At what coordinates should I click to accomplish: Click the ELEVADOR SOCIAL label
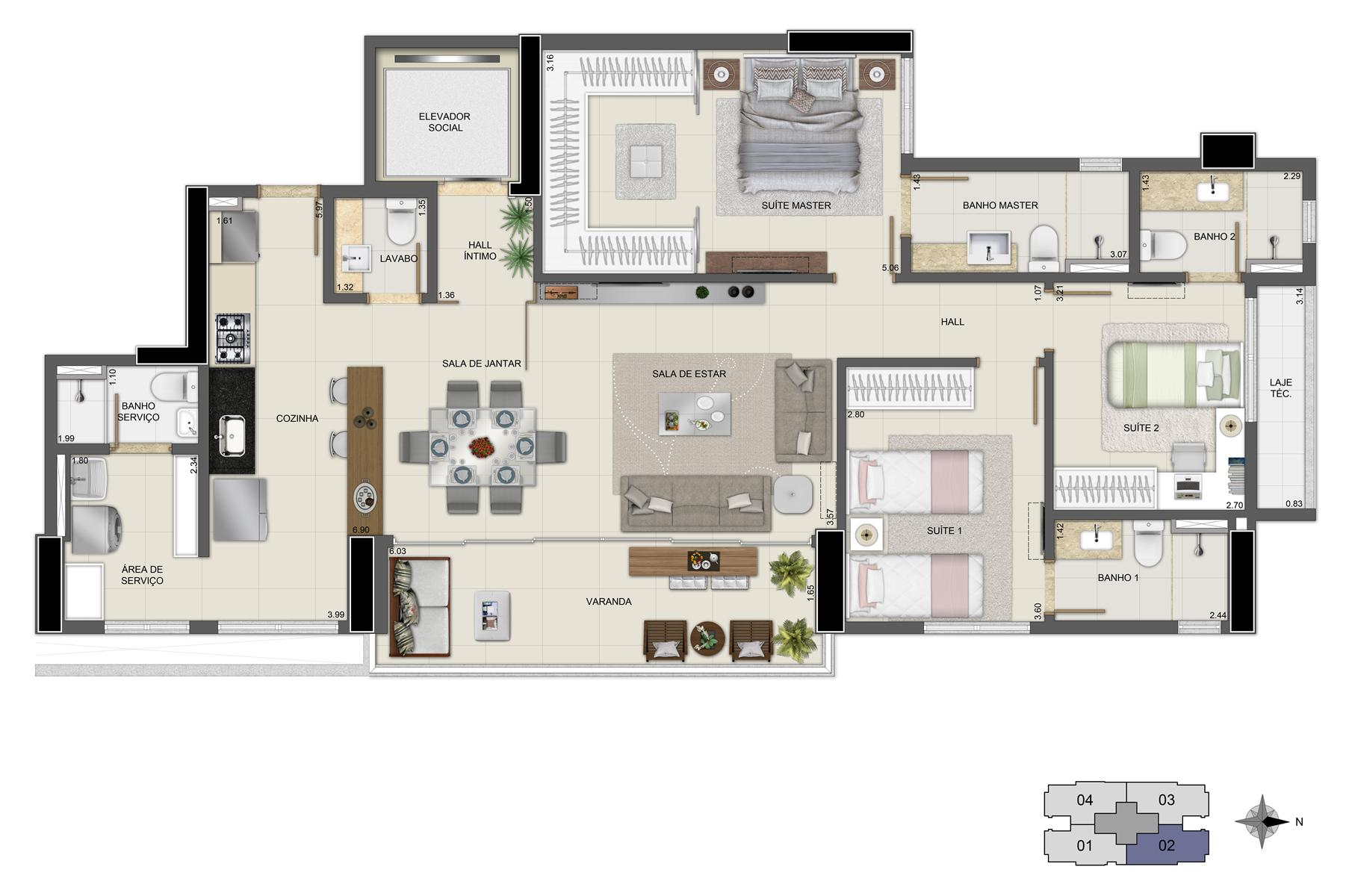[x=444, y=122]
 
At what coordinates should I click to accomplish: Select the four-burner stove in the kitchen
[x=232, y=338]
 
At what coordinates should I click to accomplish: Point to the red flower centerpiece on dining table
[x=483, y=447]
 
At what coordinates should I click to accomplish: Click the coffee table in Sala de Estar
[x=694, y=413]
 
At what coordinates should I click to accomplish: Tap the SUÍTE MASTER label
[x=796, y=205]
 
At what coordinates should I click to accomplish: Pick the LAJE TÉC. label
[x=1280, y=388]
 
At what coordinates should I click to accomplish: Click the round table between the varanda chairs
[x=707, y=638]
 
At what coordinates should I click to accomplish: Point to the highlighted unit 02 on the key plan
[x=1166, y=845]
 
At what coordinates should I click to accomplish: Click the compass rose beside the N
[x=1262, y=821]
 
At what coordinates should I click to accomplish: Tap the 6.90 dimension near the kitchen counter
[x=361, y=529]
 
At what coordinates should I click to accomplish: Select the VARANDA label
[x=609, y=601]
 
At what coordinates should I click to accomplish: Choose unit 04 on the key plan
[x=1085, y=800]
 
